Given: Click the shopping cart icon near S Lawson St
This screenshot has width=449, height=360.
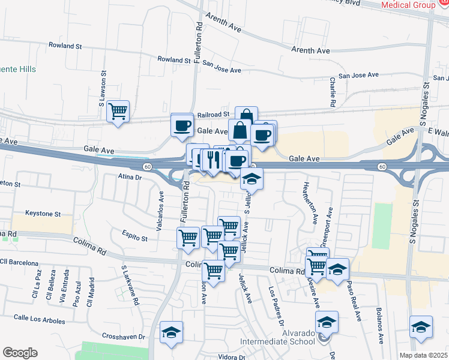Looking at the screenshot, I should tap(118, 110).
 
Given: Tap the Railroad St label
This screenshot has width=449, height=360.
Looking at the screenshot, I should tap(214, 114).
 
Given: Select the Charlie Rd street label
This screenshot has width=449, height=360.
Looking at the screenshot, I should tap(332, 92).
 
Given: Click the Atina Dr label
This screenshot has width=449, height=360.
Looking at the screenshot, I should tap(129, 177).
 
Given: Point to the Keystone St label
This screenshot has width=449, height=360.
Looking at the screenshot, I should tap(43, 214).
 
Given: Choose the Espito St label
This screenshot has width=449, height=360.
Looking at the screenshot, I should tap(136, 238).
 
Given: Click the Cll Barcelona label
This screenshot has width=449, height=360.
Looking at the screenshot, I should tap(19, 263).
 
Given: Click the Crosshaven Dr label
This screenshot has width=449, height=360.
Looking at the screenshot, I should tap(124, 337).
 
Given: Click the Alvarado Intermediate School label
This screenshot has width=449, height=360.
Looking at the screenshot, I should tap(277, 337).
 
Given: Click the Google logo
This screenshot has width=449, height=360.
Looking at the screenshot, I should tap(20, 353).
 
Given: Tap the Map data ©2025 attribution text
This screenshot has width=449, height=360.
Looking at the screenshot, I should tap(424, 355).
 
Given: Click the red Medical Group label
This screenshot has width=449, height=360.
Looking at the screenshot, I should tap(408, 5).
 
